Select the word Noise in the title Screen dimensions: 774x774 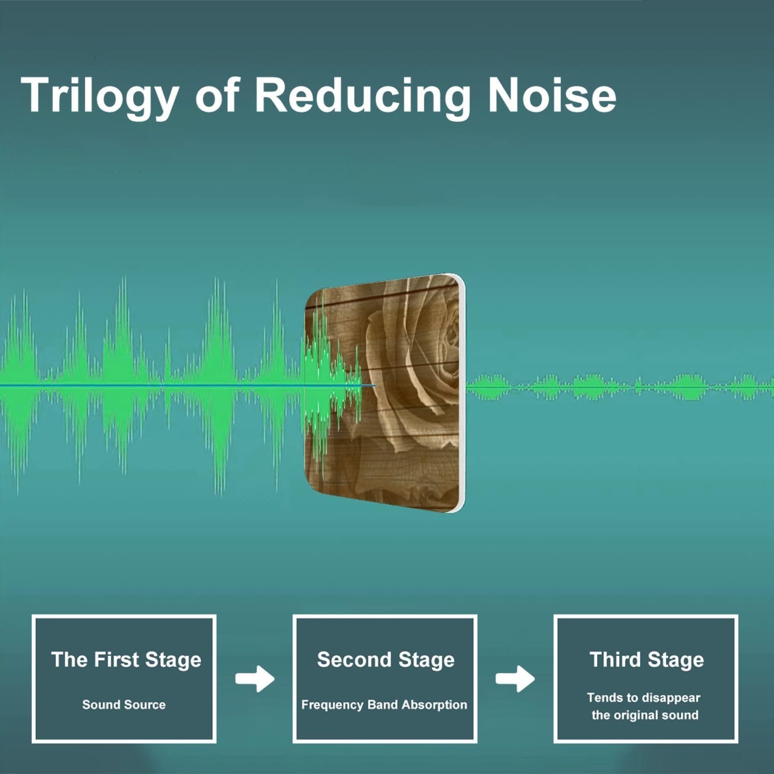click(x=552, y=95)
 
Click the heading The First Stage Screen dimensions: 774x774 click(x=126, y=660)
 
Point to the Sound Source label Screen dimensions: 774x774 click(x=124, y=704)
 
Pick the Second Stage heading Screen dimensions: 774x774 click(x=385, y=660)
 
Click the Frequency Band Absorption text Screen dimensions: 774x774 click(x=384, y=705)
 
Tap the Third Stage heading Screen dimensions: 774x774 click(x=647, y=660)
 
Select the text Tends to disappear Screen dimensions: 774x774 click(x=643, y=698)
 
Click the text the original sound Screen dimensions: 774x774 click(x=645, y=715)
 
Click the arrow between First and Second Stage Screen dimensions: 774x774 click(x=255, y=679)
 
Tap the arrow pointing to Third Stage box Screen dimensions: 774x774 click(x=515, y=679)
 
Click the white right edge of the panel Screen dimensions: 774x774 click(x=462, y=392)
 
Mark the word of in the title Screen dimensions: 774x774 click(x=217, y=95)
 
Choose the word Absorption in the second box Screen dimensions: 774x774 click(x=434, y=705)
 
